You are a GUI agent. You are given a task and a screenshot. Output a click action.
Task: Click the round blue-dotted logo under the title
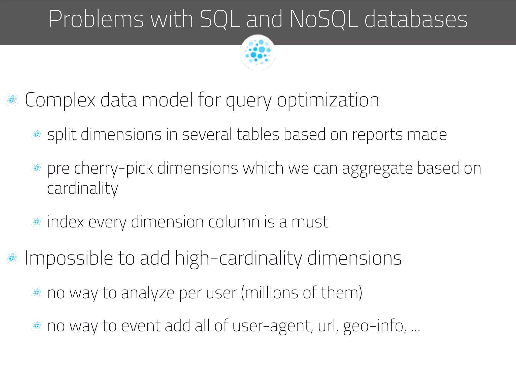click(x=258, y=52)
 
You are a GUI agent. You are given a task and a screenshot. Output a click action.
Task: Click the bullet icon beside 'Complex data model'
click(x=12, y=100)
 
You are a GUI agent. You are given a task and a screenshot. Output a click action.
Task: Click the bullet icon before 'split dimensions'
click(x=37, y=134)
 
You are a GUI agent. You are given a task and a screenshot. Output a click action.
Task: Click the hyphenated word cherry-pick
click(x=113, y=169)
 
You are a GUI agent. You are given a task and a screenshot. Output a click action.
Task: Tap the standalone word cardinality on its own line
click(x=82, y=189)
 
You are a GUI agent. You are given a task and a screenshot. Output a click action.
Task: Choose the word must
click(x=310, y=222)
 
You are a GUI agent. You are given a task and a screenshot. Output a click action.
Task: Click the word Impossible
click(x=69, y=259)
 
